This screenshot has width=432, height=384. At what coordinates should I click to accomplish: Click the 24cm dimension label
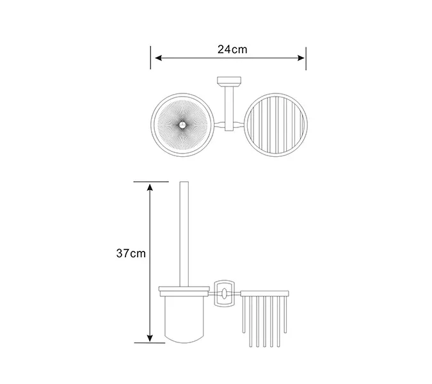tap(232, 49)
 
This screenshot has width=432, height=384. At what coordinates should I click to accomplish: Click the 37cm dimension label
tap(131, 253)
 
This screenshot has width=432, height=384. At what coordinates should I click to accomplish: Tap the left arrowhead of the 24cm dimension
tap(158, 58)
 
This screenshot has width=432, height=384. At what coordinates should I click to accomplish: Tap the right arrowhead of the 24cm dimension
tap(301, 58)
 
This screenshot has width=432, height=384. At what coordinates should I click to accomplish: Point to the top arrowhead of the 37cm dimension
tap(150, 188)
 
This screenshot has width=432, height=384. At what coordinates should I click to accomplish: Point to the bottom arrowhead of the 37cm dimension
tap(150, 338)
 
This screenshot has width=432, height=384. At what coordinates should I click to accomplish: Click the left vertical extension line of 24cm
tap(150, 58)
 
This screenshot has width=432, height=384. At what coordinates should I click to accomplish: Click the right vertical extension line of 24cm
tap(306, 58)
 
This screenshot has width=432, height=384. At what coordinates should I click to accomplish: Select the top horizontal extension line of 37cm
tap(151, 182)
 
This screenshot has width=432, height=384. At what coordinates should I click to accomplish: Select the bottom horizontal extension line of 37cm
tap(150, 343)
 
